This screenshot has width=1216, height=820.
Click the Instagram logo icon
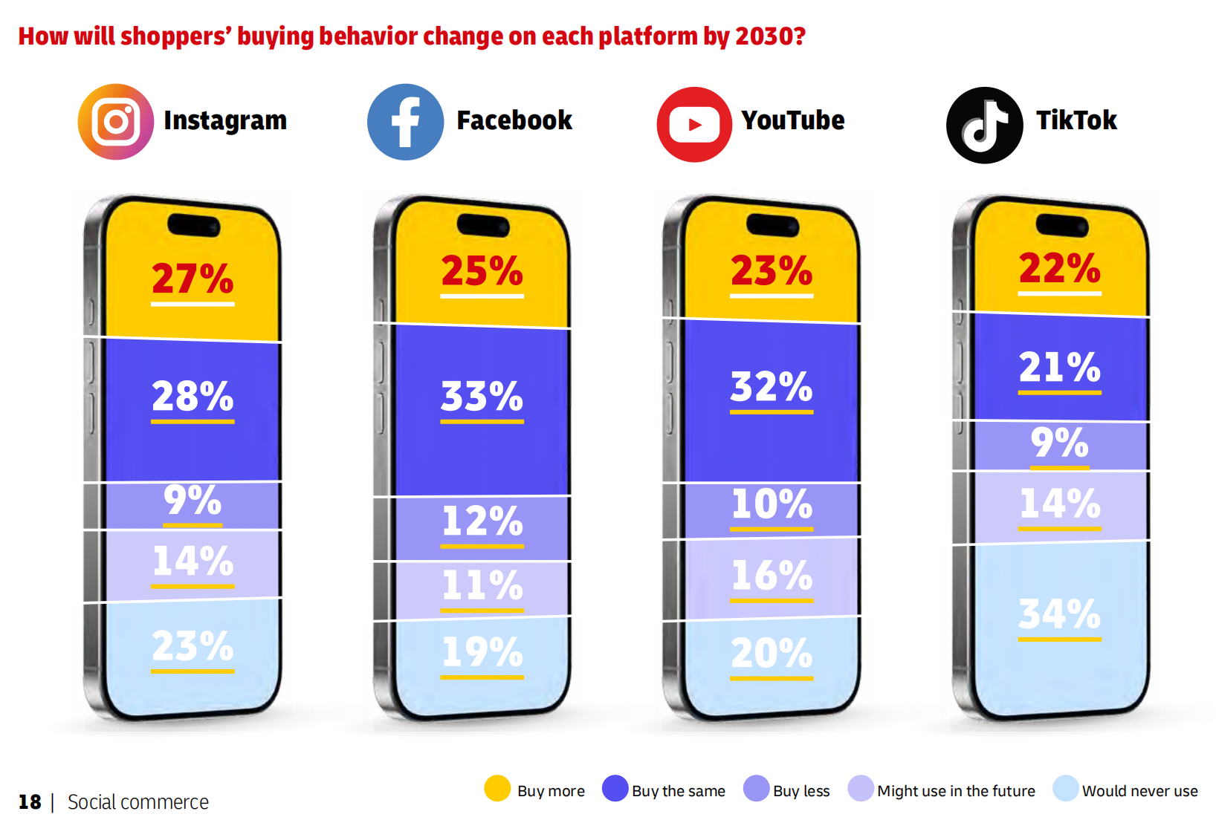(116, 122)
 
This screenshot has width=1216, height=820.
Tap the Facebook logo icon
(405, 122)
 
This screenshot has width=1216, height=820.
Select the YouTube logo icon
(694, 124)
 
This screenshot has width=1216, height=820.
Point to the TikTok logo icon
(984, 125)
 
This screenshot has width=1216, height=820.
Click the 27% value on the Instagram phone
(193, 279)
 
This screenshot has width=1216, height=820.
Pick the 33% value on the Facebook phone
(482, 396)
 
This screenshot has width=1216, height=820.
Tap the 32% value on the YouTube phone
(771, 386)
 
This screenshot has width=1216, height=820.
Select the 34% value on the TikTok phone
(1059, 614)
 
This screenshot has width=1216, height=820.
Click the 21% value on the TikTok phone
(1059, 367)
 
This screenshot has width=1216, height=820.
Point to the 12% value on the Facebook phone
(482, 521)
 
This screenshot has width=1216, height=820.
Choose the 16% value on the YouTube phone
(771, 575)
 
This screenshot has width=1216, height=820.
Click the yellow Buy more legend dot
(497, 789)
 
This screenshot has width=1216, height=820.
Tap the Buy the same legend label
(678, 791)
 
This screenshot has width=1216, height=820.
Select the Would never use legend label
(1139, 791)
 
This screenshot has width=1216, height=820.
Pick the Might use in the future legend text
(956, 791)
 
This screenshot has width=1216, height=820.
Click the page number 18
(30, 802)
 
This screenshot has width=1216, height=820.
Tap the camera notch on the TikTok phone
(1061, 224)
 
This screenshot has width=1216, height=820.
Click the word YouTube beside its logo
(792, 120)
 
